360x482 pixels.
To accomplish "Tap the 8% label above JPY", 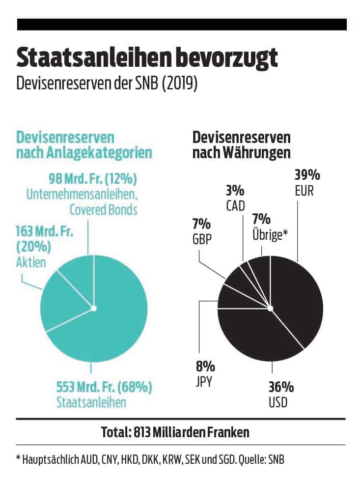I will pos(205,366).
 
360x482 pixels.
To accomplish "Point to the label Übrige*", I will pos(270,234).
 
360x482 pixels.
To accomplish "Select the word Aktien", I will pos(30,262).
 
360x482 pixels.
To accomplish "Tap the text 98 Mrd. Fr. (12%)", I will pos(92,177).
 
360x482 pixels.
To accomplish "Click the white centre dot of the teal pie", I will pos(93,309).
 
